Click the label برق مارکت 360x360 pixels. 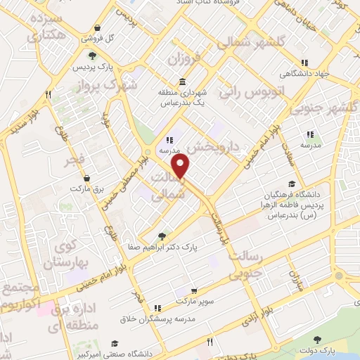tap(86, 188)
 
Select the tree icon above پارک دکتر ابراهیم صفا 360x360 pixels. tap(162, 236)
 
